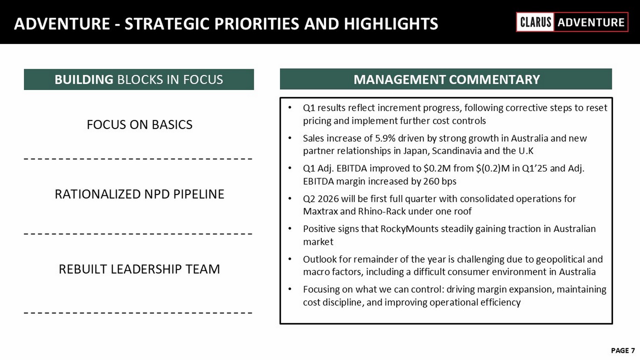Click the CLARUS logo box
(535, 22)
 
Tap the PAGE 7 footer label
(623, 351)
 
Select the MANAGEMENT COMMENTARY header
(447, 79)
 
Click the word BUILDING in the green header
(84, 79)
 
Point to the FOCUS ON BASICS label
(140, 125)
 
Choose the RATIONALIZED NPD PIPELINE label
(140, 194)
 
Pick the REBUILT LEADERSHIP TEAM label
(140, 269)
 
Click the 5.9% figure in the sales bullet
(385, 138)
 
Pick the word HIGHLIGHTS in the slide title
(391, 23)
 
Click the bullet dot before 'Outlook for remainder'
(290, 259)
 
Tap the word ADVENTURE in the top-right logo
(591, 22)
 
